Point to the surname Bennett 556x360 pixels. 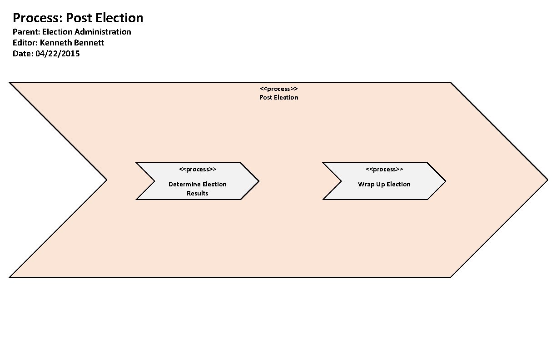[x=89, y=43]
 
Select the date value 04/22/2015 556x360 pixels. [x=57, y=54]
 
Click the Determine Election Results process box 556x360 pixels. [x=198, y=181]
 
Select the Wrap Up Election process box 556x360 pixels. [x=384, y=181]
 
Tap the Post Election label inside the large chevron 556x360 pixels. [x=278, y=97]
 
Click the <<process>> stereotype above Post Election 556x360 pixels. [x=278, y=89]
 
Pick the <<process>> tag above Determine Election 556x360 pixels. [x=198, y=170]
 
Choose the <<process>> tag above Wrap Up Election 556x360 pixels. [x=384, y=170]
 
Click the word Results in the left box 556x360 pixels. [x=198, y=193]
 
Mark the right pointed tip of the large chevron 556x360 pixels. [x=547, y=180]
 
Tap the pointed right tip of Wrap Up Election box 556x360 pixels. [x=445, y=181]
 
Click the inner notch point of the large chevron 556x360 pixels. [x=106, y=180]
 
